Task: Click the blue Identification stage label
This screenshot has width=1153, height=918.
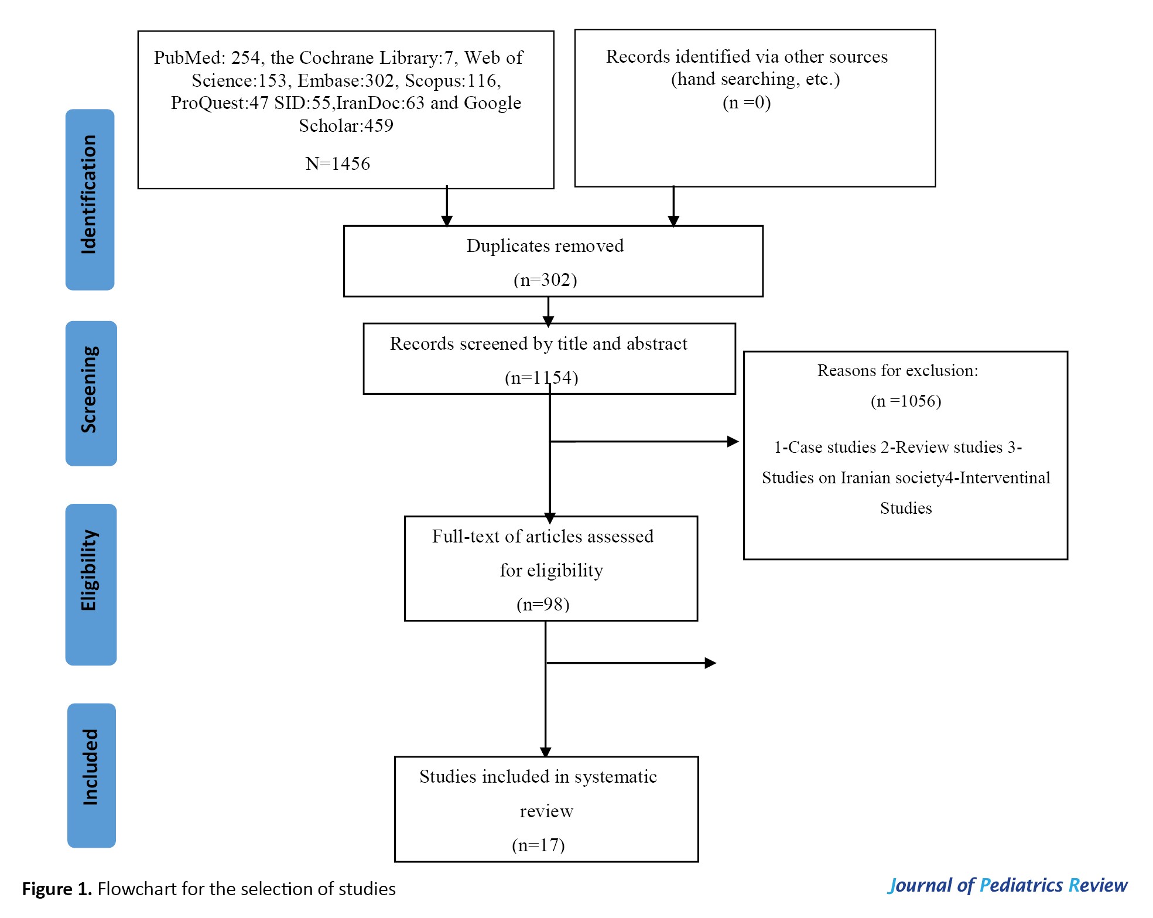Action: pos(90,199)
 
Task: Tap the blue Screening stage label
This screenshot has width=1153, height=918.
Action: pos(91,393)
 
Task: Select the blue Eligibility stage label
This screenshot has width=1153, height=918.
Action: pos(91,585)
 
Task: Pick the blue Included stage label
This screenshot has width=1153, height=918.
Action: pos(91,775)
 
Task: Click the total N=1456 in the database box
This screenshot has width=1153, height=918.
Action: pos(338,163)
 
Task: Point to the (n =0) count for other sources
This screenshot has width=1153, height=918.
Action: pos(747,103)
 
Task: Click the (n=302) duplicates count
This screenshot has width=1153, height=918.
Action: pos(545,280)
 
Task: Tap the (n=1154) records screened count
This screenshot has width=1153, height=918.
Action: pos(542,378)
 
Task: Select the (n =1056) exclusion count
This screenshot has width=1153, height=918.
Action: pos(906,401)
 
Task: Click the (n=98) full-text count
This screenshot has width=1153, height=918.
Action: pos(543,605)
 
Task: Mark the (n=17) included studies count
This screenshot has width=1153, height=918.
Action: pos(538,845)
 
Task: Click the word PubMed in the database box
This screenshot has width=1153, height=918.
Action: pos(189,57)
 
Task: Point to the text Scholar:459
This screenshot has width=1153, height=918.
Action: pos(346,125)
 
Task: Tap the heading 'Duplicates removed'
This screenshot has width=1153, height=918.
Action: pos(545,245)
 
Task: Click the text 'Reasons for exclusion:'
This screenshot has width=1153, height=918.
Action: pos(898,370)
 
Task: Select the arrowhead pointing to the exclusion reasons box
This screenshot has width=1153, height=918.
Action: pos(733,442)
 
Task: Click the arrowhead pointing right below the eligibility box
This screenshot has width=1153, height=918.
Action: pos(711,663)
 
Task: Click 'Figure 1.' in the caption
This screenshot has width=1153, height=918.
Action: pos(57,889)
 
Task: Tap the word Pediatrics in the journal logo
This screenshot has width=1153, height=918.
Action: pos(1021,885)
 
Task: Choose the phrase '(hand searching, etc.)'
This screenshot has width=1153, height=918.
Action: pos(755,79)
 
